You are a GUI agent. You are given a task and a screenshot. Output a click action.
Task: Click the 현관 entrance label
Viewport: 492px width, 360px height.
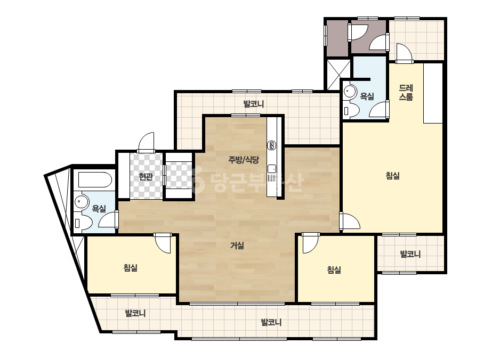point(146,177)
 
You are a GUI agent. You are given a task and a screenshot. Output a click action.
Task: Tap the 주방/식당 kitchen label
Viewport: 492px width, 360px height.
point(244,160)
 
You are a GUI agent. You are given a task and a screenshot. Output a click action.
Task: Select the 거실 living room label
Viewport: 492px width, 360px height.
point(237,246)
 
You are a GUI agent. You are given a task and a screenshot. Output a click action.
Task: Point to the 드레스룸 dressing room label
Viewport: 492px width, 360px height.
point(406,93)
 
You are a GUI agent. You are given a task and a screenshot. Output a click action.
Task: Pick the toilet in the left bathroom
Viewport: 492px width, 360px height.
point(83,223)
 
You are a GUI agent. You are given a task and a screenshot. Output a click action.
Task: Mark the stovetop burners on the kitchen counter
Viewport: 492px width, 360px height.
point(272,145)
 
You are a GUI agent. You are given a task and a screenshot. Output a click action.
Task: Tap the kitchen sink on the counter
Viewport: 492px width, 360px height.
point(272,169)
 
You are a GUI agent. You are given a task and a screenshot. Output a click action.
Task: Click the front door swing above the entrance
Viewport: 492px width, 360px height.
point(146,142)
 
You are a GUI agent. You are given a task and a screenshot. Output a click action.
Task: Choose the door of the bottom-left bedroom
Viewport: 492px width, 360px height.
point(162,243)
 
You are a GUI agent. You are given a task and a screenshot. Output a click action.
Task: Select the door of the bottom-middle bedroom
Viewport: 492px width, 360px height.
point(311,243)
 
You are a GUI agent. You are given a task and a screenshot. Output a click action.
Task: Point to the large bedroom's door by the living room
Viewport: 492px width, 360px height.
point(350,221)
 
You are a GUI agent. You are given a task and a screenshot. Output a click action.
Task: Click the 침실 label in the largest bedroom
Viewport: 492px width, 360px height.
point(392,176)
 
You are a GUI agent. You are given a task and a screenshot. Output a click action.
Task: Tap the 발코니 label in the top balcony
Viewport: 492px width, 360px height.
point(254,104)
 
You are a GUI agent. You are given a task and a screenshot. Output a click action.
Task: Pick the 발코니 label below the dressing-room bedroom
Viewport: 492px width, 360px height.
point(410,254)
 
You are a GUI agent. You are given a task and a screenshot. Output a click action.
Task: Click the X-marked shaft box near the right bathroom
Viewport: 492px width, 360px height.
point(338,75)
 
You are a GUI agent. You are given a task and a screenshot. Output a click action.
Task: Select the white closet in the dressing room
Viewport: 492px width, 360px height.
point(433,93)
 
